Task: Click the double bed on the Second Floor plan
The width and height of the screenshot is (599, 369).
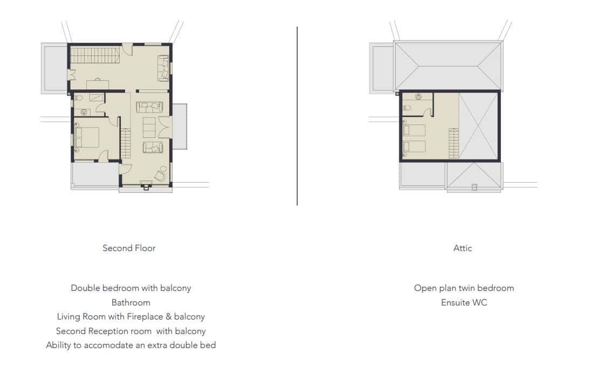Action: click(87, 137)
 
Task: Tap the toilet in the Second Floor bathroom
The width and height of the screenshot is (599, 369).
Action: click(78, 98)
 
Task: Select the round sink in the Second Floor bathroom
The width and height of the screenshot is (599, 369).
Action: click(84, 112)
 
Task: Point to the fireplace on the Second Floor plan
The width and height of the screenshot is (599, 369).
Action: click(146, 185)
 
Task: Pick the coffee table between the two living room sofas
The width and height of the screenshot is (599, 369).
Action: click(149, 128)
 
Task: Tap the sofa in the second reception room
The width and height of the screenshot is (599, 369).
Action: click(163, 68)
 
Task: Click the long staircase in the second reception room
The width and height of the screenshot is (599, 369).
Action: click(95, 55)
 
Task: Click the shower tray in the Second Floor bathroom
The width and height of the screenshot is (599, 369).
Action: click(97, 97)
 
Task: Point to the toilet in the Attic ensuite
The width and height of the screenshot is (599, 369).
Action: click(407, 108)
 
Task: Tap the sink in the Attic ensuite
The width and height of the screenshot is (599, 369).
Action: click(418, 96)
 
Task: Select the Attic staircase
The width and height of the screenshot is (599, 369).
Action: click(454, 143)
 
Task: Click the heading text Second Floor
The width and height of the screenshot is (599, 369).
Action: click(129, 248)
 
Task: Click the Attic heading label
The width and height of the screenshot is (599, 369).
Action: click(463, 248)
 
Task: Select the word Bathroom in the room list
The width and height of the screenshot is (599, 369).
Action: click(130, 303)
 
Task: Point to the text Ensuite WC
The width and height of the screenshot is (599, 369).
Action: click(464, 303)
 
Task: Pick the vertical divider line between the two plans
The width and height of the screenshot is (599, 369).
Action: click(297, 116)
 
